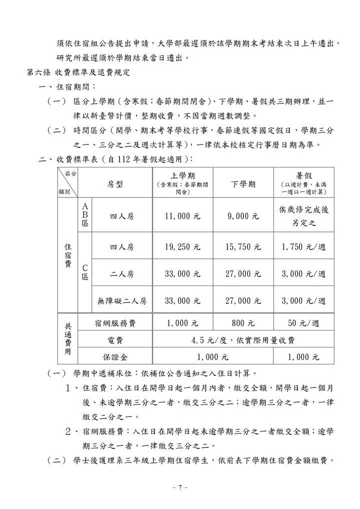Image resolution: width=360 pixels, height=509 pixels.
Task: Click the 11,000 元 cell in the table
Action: [x=182, y=216]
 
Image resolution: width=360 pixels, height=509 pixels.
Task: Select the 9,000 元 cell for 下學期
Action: [x=243, y=216]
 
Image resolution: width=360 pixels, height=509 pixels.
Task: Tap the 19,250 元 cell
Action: [x=182, y=246]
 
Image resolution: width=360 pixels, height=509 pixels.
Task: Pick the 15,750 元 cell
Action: [x=243, y=246]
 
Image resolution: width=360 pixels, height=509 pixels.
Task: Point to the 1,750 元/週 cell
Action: [x=303, y=246]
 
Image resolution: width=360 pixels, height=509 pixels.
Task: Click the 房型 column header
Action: [x=115, y=184]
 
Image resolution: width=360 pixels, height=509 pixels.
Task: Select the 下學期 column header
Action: [x=243, y=184]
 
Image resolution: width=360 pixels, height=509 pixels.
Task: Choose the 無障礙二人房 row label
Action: [x=122, y=301]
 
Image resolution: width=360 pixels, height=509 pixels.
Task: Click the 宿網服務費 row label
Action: [x=115, y=323]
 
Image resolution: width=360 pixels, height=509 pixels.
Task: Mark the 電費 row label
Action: [x=115, y=340]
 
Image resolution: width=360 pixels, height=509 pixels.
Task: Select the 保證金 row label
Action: [x=115, y=357]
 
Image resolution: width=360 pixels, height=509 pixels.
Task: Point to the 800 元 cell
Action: [x=243, y=323]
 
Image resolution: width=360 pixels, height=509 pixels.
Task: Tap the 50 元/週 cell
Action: [x=303, y=323]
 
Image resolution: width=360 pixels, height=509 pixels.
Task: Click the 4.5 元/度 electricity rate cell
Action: [x=243, y=340]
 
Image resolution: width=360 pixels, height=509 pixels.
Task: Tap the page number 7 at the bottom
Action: [x=179, y=487]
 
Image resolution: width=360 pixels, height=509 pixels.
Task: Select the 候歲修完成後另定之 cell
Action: [x=303, y=216]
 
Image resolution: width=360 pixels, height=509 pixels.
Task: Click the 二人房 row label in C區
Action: [x=122, y=274]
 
